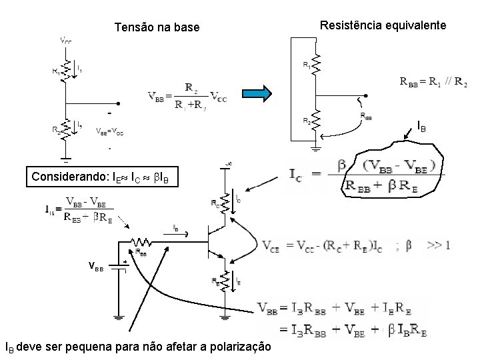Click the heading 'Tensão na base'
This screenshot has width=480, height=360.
point(157,27)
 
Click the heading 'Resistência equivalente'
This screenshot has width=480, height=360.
point(383,25)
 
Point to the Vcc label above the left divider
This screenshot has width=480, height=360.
point(66,41)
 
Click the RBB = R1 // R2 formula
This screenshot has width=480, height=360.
point(433,82)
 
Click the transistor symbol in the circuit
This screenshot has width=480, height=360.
point(217,241)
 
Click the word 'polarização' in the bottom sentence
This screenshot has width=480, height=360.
point(238,347)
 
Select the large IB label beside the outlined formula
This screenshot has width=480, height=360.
point(422,126)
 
